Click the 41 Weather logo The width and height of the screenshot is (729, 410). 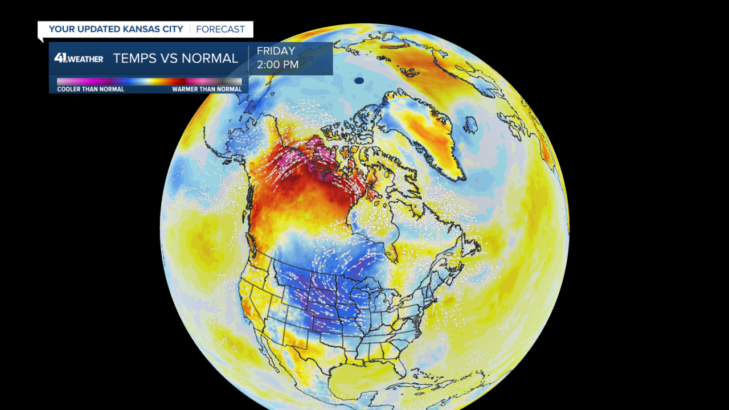79,58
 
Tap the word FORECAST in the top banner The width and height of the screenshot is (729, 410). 220,29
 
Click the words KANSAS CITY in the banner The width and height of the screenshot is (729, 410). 155,29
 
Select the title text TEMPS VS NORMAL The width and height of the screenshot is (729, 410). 175,58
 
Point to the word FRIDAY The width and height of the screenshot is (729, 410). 276,51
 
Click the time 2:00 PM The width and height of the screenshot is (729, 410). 277,65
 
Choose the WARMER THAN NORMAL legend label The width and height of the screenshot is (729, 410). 207,89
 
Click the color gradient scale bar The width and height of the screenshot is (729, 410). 149,82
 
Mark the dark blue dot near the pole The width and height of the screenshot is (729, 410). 359,81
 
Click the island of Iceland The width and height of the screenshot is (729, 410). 470,125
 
